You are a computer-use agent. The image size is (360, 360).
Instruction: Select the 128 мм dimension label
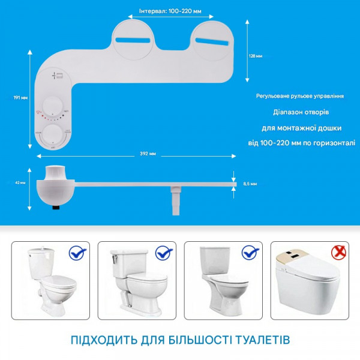coord(255,56)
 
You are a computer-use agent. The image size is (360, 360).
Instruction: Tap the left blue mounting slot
coord(134,40)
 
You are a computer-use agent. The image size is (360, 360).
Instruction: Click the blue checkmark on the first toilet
coord(77,254)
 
